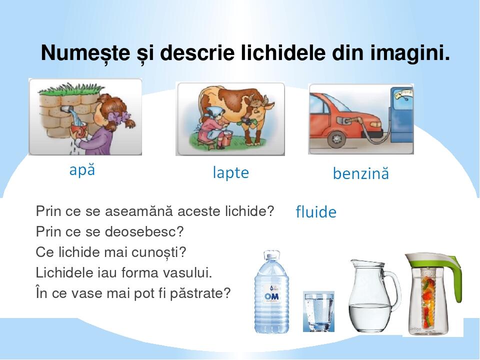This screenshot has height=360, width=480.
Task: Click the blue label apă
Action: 82,170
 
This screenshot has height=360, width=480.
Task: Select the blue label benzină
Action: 360,174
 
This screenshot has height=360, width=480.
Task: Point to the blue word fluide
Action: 316,212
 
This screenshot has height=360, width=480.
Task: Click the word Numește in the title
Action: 78,53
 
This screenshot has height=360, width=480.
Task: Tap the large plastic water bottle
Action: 271,292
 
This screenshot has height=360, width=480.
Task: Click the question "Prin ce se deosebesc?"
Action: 110,232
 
